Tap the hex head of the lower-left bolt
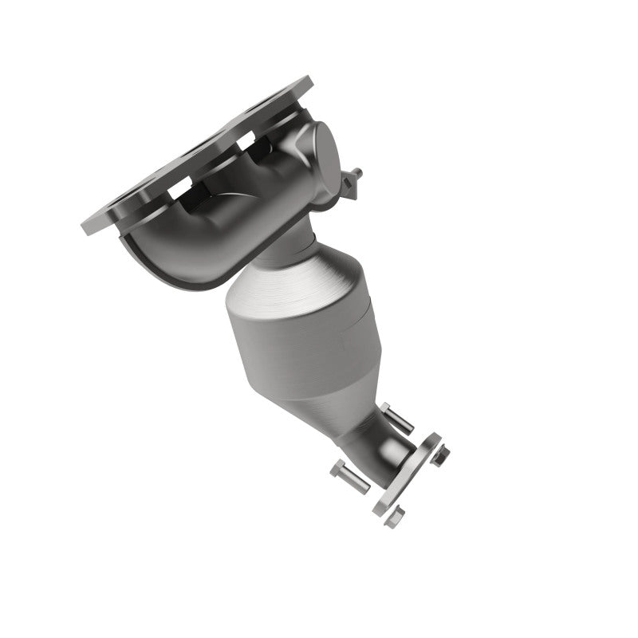[x=337, y=469]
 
